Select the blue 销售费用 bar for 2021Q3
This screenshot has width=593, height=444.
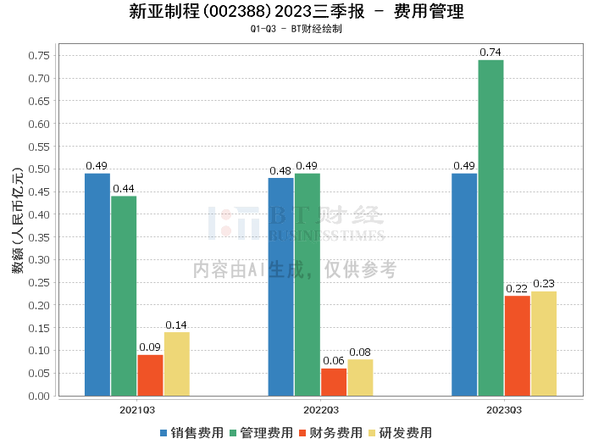[x=97, y=285]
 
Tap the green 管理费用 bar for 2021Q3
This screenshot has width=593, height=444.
[x=124, y=296]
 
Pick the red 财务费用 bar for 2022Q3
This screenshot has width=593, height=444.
[x=334, y=382]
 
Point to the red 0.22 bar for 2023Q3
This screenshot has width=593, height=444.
[x=517, y=346]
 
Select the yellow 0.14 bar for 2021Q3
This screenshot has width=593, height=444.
[x=176, y=364]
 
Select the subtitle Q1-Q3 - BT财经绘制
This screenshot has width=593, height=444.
[x=296, y=29]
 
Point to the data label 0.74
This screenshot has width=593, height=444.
[x=490, y=53]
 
